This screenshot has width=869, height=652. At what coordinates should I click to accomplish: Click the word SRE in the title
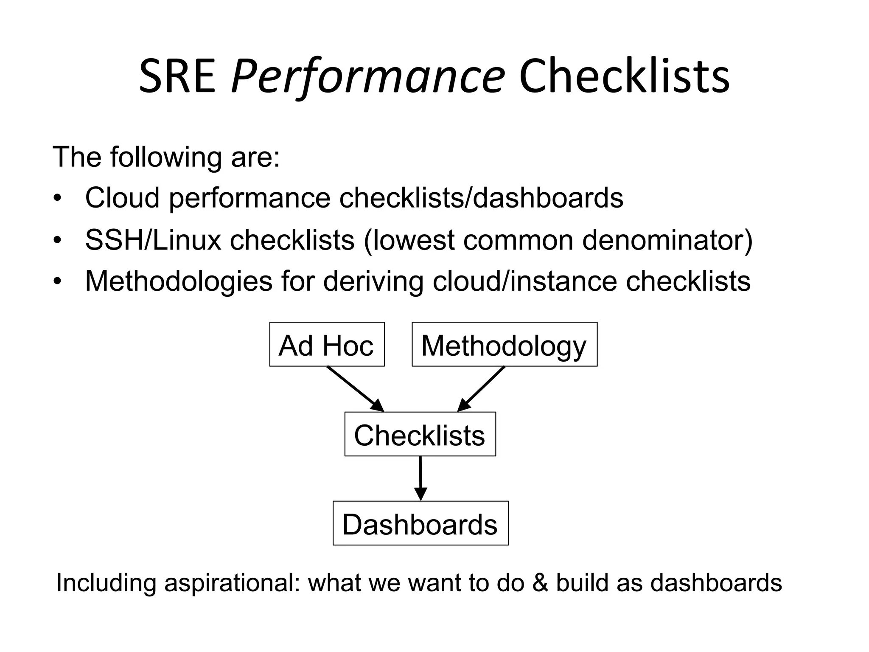pos(177,77)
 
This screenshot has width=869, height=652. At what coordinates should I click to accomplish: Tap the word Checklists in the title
pos(624,77)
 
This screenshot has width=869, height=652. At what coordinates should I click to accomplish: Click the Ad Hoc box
pos(327,345)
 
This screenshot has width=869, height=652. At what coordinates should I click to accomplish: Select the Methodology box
pos(504,345)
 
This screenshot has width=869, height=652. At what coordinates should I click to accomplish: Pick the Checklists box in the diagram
pos(420,434)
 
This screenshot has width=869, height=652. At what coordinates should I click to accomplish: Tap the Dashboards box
pos(420,523)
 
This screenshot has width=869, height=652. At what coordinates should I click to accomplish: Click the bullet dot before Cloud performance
pos(58,199)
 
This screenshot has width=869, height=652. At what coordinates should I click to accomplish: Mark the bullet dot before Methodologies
pos(58,281)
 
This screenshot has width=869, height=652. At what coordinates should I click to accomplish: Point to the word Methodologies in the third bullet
pos(178,282)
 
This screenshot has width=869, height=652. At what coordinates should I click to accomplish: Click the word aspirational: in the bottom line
pos(232,583)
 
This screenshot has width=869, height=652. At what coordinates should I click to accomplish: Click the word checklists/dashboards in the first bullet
pos(481,198)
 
